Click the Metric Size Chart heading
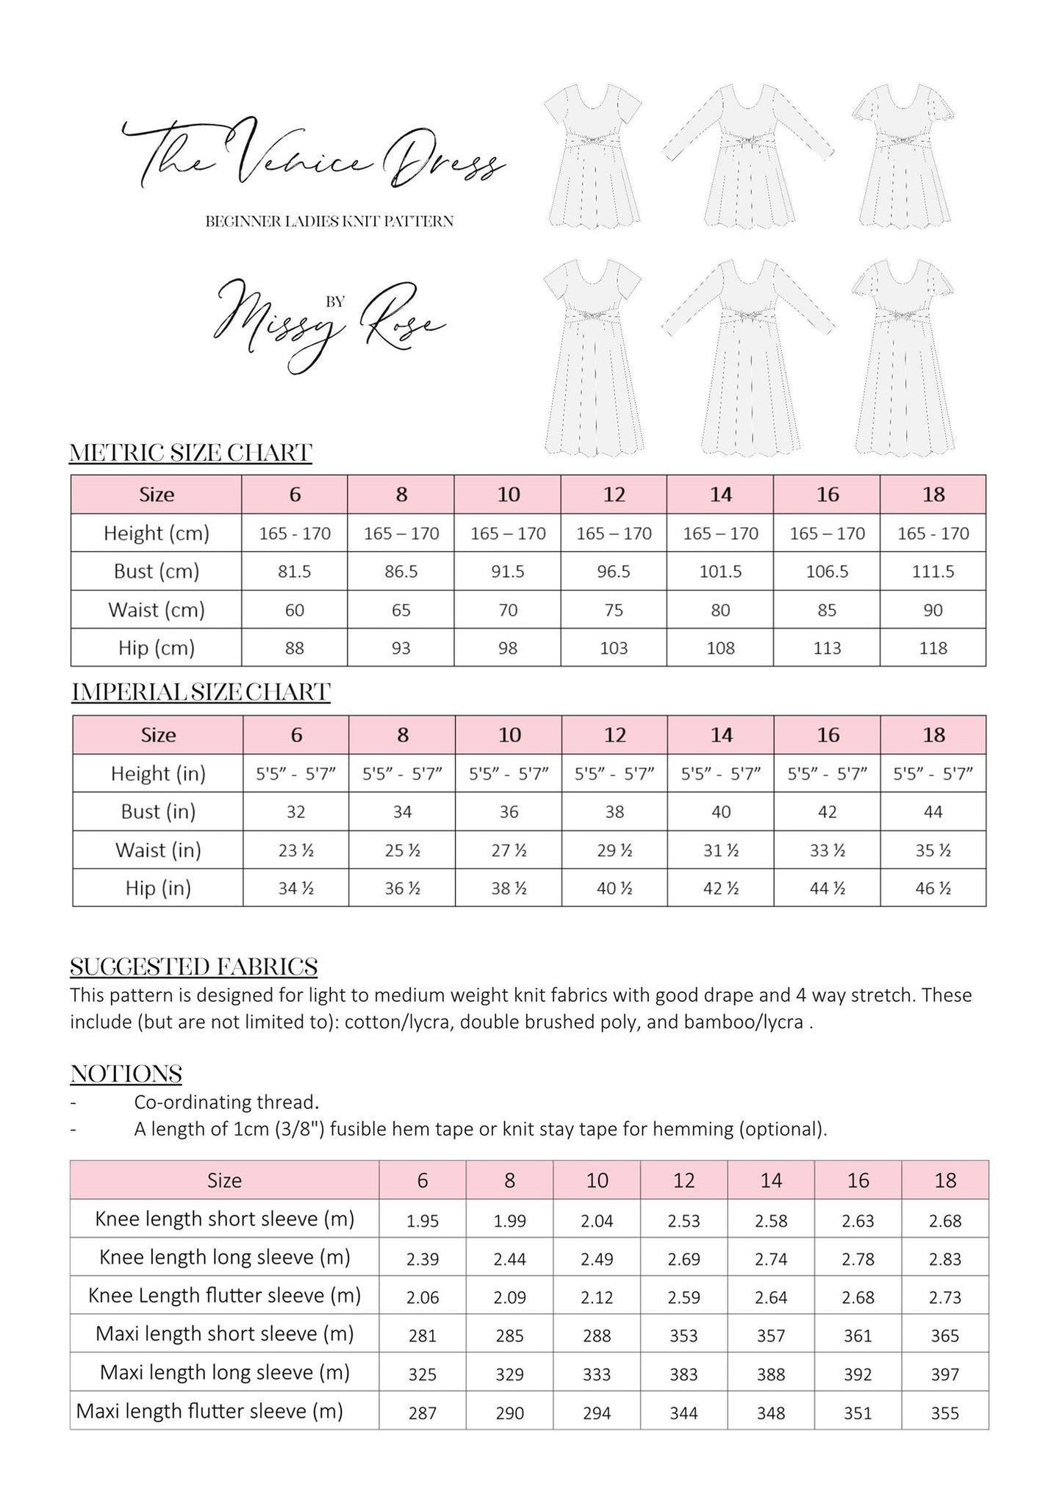click(190, 453)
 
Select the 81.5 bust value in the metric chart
click(295, 572)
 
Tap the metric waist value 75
click(614, 610)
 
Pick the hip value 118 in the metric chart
click(933, 648)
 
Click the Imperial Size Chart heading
click(201, 692)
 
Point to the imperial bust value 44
click(933, 812)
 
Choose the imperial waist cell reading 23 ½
click(296, 850)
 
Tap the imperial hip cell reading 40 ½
click(614, 889)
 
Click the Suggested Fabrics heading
click(194, 966)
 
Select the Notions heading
click(126, 1074)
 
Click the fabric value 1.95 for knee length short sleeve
click(423, 1221)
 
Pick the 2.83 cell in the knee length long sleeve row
click(945, 1259)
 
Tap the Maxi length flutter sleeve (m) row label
click(209, 1410)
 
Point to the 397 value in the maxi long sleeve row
click(945, 1374)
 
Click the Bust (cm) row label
click(157, 572)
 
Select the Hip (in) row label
click(158, 889)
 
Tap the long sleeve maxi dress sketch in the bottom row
click(747, 356)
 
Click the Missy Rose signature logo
click(329, 320)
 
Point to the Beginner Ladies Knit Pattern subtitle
click(329, 221)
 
